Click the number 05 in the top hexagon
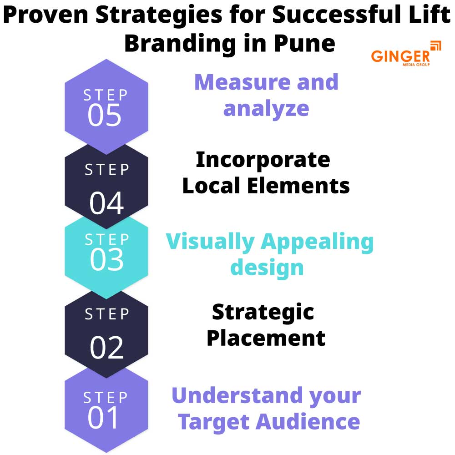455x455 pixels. pyautogui.click(x=105, y=115)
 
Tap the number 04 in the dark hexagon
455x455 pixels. pyautogui.click(x=106, y=203)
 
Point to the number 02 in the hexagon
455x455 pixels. pyautogui.click(x=106, y=348)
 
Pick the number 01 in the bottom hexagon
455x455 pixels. pyautogui.click(x=104, y=418)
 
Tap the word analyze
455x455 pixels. pyautogui.click(x=266, y=108)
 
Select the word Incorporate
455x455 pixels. pyautogui.click(x=263, y=160)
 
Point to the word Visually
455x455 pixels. pyautogui.click(x=210, y=242)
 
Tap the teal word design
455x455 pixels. pyautogui.click(x=267, y=267)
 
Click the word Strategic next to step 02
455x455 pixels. pyautogui.click(x=263, y=312)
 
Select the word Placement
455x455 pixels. pyautogui.click(x=266, y=338)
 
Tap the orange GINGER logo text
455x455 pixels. pyautogui.click(x=400, y=56)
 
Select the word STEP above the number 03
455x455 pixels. pyautogui.click(x=107, y=239)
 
